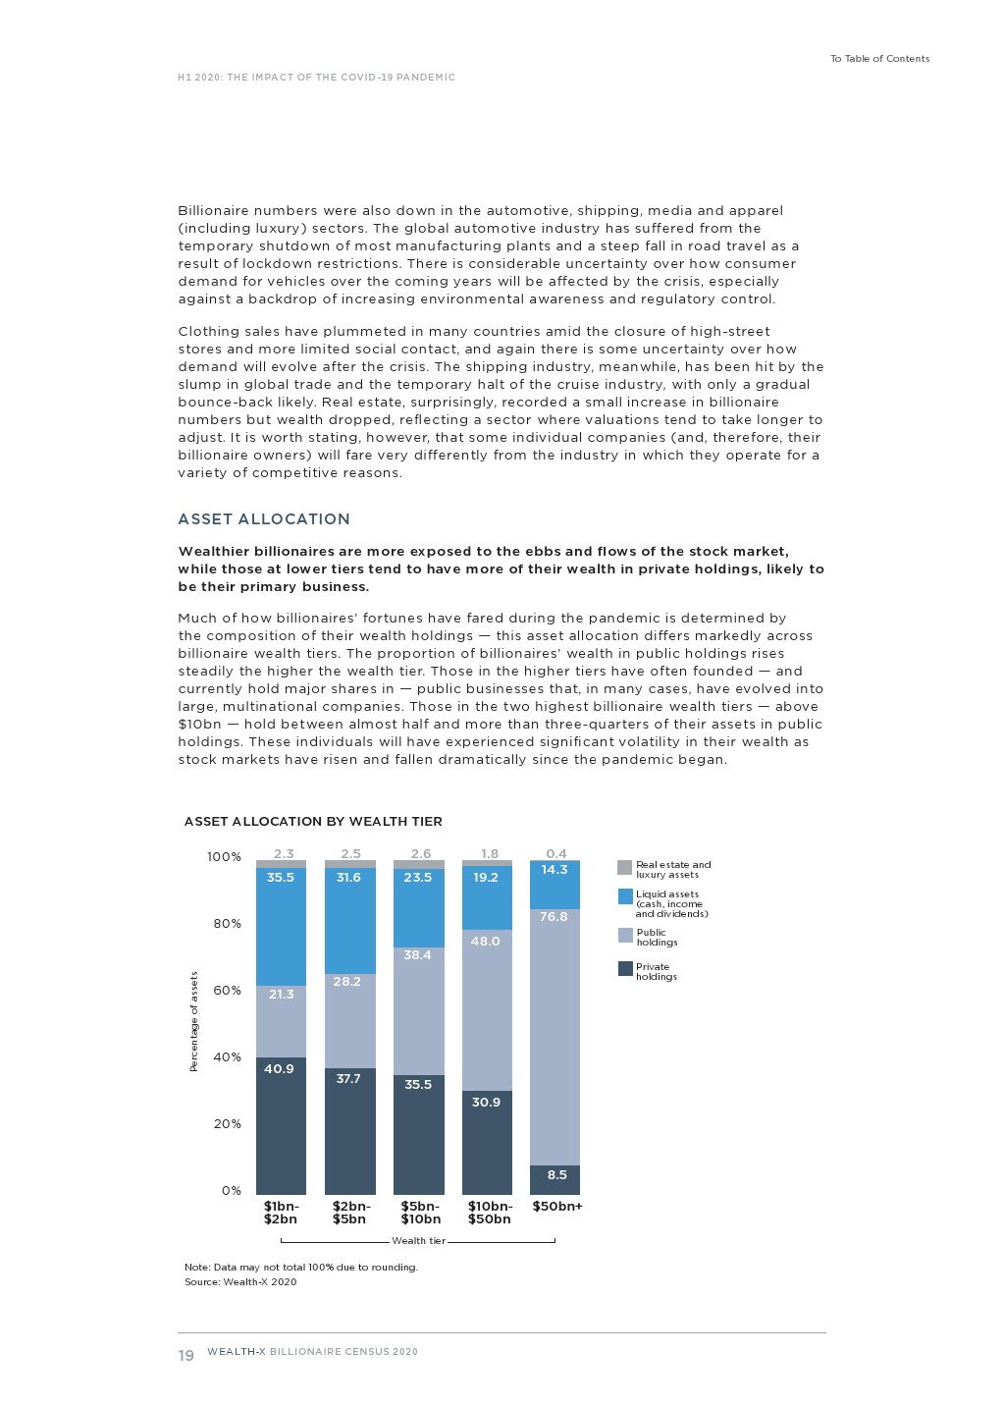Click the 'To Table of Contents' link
point(879,59)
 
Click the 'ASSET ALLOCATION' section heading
point(263,519)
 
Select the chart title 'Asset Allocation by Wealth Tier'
point(313,822)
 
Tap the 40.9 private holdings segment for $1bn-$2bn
point(281,1125)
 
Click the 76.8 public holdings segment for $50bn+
point(554,1037)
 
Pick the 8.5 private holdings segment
point(554,1179)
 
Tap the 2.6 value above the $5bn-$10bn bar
point(420,854)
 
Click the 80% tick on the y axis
point(227,924)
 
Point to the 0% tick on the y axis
point(231,1191)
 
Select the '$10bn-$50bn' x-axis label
point(489,1213)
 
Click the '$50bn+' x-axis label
point(556,1207)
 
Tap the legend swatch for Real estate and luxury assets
point(624,868)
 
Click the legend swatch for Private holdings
point(624,969)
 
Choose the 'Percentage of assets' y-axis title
point(193,1021)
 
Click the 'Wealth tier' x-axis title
point(418,1241)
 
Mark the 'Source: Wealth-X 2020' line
point(240,1282)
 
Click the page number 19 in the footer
point(185,1356)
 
